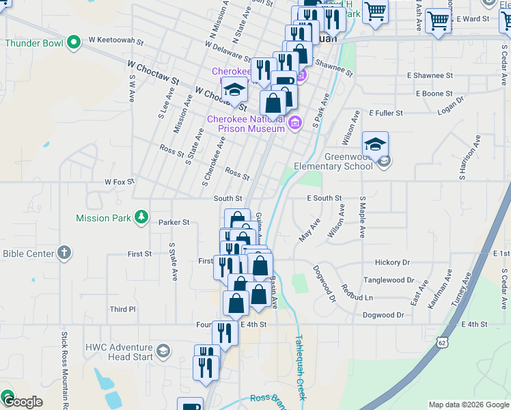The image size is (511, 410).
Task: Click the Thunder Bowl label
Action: pyautogui.click(x=34, y=43)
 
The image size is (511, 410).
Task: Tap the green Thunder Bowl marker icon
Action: pyautogui.click(x=74, y=43)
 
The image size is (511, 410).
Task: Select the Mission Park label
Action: pyautogui.click(x=102, y=218)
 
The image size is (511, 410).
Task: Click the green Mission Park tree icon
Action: pyautogui.click(x=141, y=217)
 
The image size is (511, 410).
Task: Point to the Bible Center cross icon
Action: pyautogui.click(x=64, y=253)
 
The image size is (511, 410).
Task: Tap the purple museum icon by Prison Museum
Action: pyautogui.click(x=295, y=123)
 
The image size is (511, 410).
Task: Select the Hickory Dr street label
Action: pyautogui.click(x=392, y=262)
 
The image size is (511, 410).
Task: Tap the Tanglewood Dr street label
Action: pyautogui.click(x=389, y=280)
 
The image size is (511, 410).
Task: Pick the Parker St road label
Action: pyautogui.click(x=174, y=222)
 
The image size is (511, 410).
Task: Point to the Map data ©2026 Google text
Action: pyautogui.click(x=468, y=405)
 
